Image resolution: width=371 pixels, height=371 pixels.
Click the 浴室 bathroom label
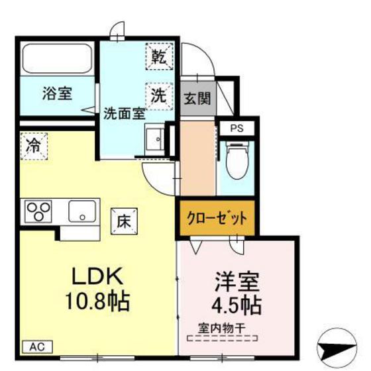[58, 93]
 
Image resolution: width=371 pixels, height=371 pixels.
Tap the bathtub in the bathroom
[58, 59]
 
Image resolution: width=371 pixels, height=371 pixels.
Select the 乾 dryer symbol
[159, 56]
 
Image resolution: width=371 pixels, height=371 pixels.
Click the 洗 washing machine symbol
[159, 94]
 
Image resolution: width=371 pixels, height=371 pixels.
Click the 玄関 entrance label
[197, 99]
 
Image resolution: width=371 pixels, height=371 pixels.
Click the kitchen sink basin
[83, 211]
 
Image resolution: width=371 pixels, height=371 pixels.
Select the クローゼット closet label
[216, 217]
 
